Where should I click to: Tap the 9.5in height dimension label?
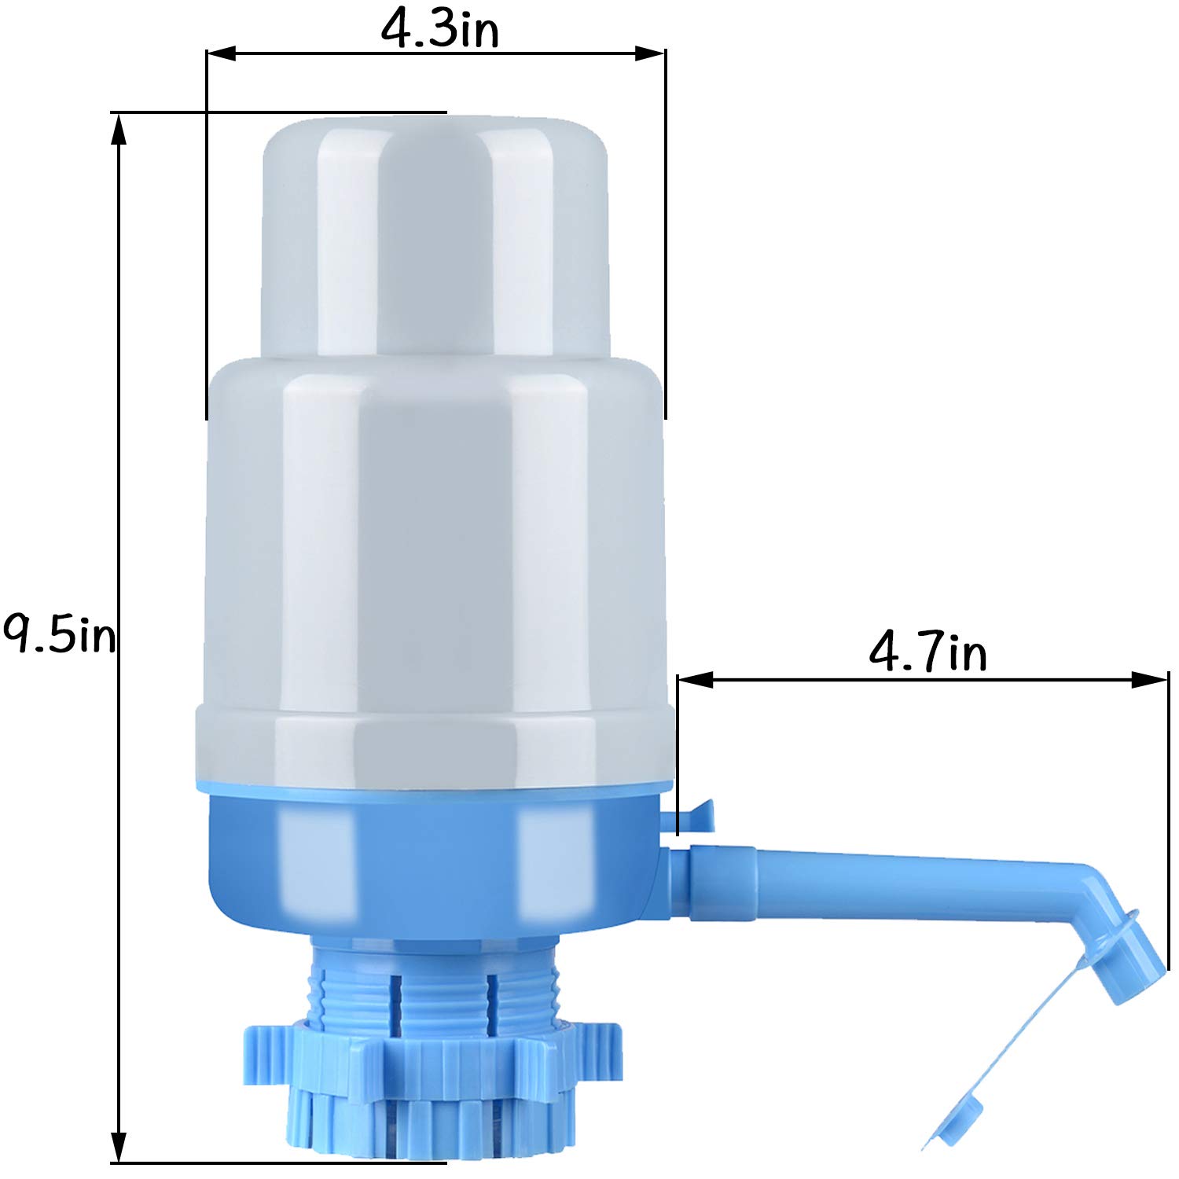pos(59,635)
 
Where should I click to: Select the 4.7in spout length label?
pos(927,652)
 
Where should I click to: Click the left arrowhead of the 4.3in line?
pos(221,53)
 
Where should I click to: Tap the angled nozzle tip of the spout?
pos(1128,959)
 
